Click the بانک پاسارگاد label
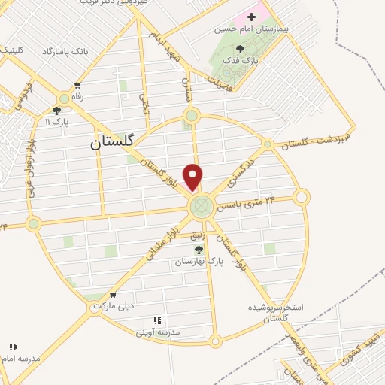pyautogui.click(x=65, y=50)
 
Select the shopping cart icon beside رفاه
pyautogui.click(x=77, y=86)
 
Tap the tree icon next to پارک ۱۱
pyautogui.click(x=56, y=111)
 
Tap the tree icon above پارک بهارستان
pyautogui.click(x=199, y=249)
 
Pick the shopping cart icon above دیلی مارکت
pyautogui.click(x=113, y=295)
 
